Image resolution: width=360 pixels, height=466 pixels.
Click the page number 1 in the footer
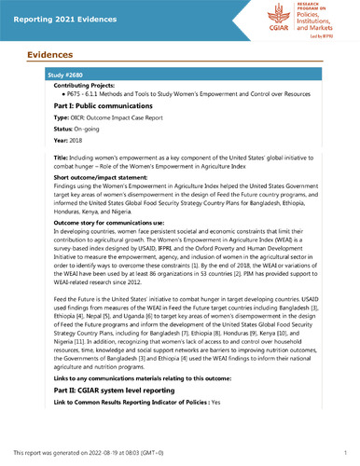[x=345, y=451]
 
